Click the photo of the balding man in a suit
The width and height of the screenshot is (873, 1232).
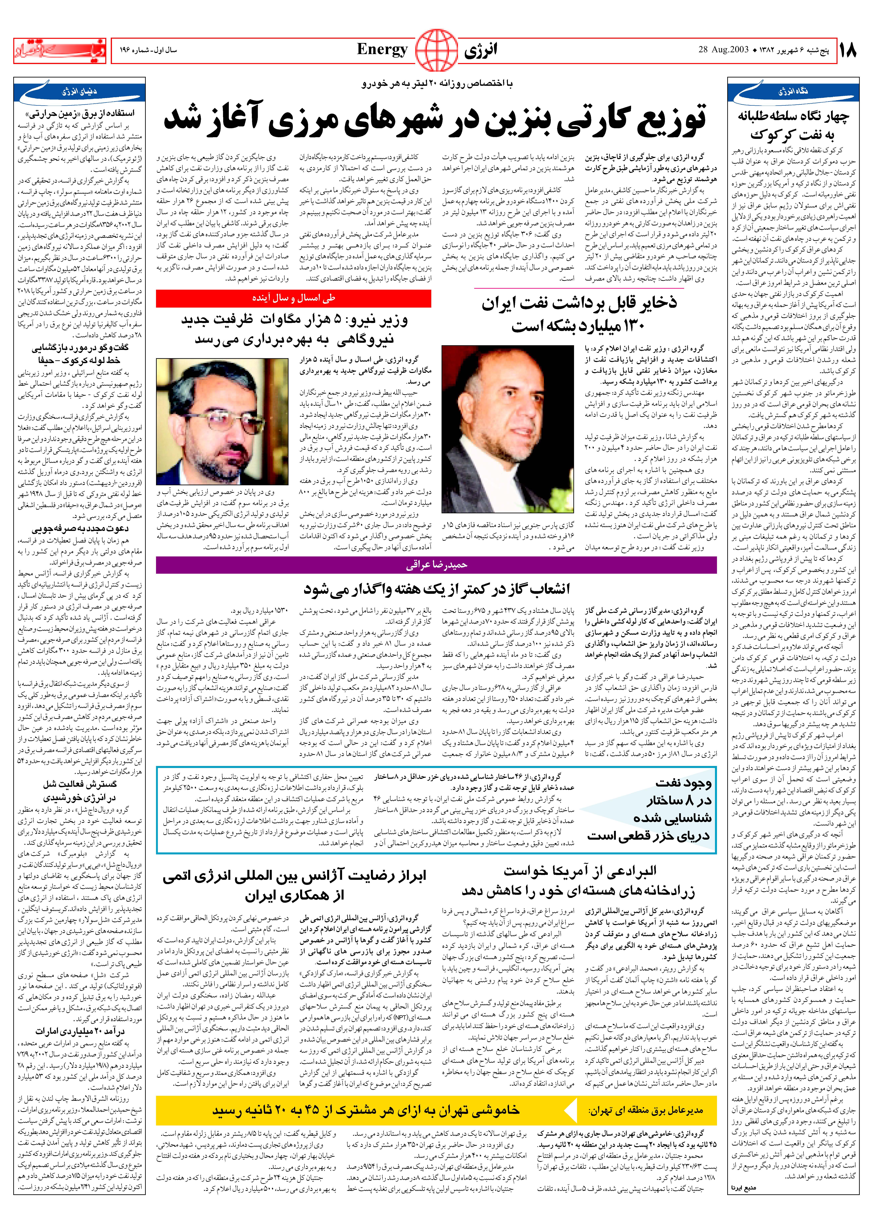(x=507, y=429)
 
